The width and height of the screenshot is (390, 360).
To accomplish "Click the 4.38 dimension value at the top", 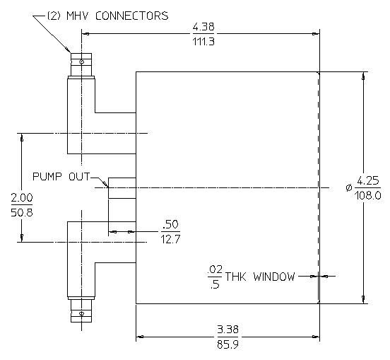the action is point(203,26).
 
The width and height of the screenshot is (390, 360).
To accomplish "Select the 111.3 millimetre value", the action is point(203,41).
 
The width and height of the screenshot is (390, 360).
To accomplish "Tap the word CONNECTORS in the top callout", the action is point(132,16).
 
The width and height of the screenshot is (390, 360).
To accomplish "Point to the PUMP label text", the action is point(47,177).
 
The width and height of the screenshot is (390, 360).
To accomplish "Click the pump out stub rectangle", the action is point(122,188).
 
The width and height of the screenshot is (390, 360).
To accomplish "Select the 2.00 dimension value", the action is point(22,197).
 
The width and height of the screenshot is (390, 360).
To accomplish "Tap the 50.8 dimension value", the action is point(22,212).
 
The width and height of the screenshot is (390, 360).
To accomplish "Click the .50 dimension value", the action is point(171,224).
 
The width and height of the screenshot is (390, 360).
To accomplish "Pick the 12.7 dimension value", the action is point(170,239).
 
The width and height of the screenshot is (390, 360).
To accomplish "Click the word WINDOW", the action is point(274,277).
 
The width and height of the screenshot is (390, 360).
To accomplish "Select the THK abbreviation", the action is point(235,277).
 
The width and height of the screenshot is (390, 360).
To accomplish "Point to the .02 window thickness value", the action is point(215,269).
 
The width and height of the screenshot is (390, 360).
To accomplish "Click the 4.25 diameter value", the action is point(368,180).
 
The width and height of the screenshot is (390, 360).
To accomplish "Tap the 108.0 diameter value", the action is point(368,195).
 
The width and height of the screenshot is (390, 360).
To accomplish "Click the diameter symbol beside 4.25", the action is point(349,187).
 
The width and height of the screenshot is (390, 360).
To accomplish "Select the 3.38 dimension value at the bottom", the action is point(227,330).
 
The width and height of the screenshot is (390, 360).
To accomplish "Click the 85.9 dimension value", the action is point(227,344).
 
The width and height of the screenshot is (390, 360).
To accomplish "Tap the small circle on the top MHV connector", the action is point(81,62).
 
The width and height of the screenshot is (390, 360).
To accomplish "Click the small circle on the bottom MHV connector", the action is point(81,313).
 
